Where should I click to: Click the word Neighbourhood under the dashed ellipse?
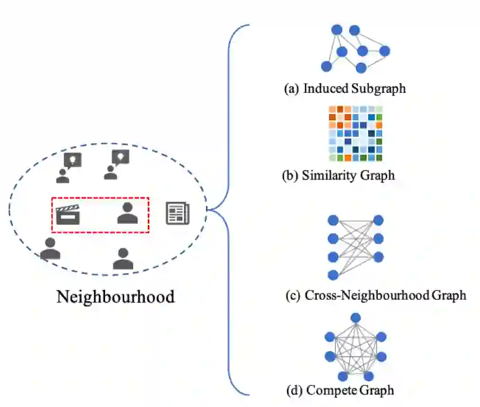click(x=115, y=296)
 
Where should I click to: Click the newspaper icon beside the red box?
click(x=177, y=214)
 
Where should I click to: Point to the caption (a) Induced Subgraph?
click(x=345, y=88)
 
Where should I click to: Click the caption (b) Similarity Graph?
click(x=338, y=175)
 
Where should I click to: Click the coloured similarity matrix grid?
click(x=355, y=133)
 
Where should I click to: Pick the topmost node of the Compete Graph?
click(x=354, y=318)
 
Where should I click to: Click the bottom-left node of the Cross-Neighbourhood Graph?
click(x=333, y=275)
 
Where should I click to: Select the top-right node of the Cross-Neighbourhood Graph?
click(x=378, y=220)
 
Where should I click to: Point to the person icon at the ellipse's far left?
click(x=50, y=249)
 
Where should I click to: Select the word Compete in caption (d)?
click(x=336, y=389)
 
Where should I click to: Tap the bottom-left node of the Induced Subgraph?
click(x=326, y=67)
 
